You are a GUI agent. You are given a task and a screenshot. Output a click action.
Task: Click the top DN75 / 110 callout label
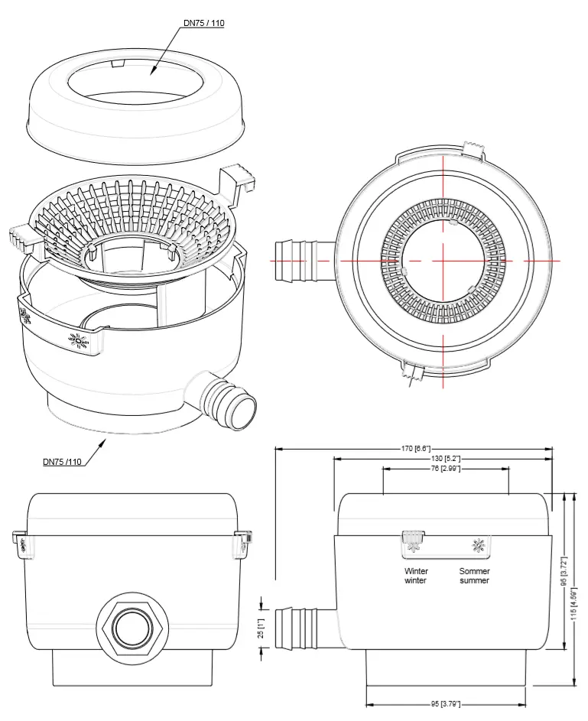tap(203, 23)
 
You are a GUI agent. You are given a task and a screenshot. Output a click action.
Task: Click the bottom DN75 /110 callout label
tap(63, 462)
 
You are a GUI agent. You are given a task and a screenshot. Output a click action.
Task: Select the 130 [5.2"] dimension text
tap(442, 458)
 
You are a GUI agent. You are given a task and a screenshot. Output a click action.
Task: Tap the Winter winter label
tap(416, 576)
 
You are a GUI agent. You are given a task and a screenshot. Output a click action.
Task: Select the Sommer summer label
tap(475, 576)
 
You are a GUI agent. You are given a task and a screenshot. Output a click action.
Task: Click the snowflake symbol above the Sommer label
tap(479, 546)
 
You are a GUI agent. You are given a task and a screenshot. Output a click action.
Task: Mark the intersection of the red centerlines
tap(443, 261)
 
